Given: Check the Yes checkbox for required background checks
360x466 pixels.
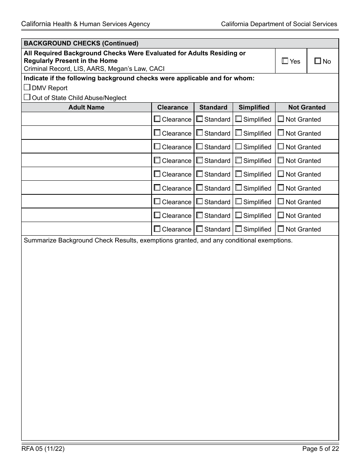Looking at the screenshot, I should (285, 61).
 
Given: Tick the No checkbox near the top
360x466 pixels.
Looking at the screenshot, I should (318, 61).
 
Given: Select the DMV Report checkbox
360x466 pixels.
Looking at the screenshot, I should (27, 88).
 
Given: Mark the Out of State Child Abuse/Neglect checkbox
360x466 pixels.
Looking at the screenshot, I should (27, 97).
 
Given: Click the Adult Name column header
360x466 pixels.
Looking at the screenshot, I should (86, 107).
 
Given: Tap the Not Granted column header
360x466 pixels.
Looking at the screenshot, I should (307, 107).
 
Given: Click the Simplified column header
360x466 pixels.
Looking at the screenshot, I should (254, 107).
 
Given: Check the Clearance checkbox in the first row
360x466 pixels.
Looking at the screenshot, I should (157, 119).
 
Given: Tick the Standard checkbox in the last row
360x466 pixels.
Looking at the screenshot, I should (200, 229).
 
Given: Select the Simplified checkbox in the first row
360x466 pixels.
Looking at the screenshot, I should (239, 119).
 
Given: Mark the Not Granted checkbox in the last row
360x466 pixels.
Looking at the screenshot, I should (281, 229).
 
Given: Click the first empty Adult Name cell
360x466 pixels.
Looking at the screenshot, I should (86, 119).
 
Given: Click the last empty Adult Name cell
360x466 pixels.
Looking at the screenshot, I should (86, 229).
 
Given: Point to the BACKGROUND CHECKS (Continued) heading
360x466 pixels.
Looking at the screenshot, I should (81, 43).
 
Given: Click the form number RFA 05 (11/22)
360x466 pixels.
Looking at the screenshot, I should (43, 449).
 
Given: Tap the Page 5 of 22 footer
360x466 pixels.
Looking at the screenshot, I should (321, 449).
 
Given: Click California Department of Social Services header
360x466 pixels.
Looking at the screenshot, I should (279, 24).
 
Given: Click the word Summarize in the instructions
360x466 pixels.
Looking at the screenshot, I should (40, 240).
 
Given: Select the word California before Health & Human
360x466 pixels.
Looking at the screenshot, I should (36, 24).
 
